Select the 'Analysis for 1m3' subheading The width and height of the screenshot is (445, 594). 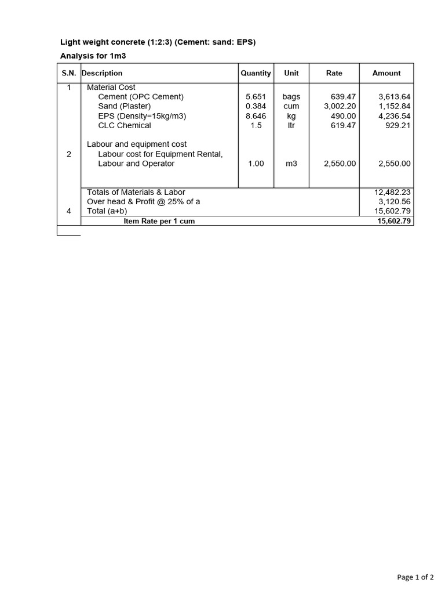[93, 56]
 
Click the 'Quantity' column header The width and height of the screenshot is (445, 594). [256, 73]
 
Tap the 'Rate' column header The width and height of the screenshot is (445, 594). [334, 73]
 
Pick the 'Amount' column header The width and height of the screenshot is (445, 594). [386, 73]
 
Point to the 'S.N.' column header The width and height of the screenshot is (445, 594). [69, 73]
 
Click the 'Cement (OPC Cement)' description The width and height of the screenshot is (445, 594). [141, 97]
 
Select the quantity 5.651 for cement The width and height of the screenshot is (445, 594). [256, 97]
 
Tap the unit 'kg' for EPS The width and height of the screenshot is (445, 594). [291, 116]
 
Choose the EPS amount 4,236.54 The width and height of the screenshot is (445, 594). [394, 116]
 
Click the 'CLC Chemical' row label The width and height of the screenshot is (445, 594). [125, 125]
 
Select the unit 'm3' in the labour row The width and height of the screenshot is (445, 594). [291, 164]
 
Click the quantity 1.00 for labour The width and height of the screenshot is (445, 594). [256, 164]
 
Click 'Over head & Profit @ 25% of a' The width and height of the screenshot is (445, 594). [143, 201]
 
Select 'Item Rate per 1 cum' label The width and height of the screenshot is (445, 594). [159, 222]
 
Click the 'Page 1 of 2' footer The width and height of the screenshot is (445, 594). [415, 577]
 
